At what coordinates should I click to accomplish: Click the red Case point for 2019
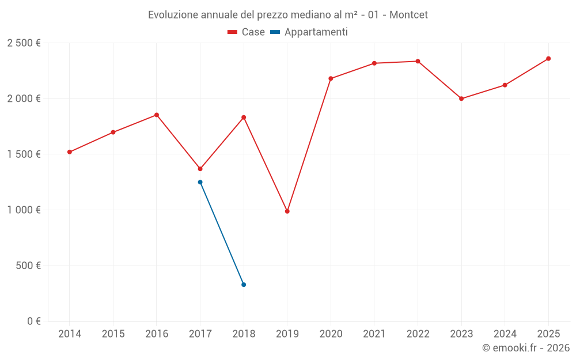click(287, 211)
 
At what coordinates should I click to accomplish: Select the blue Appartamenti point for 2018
click(244, 285)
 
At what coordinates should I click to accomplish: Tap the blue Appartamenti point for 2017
click(200, 182)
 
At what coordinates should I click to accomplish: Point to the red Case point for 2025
click(548, 59)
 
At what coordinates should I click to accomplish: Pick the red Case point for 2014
click(70, 152)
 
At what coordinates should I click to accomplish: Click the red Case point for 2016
click(157, 115)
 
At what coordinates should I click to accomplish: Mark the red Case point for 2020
click(331, 78)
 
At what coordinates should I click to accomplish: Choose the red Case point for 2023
click(461, 98)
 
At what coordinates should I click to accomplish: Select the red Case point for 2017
click(200, 169)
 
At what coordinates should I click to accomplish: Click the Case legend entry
click(247, 32)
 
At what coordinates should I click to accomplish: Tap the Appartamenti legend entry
click(309, 32)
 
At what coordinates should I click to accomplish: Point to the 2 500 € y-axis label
click(24, 43)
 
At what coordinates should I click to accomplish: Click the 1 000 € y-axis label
click(24, 210)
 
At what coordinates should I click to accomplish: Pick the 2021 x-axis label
click(374, 334)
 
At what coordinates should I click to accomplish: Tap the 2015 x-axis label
click(113, 334)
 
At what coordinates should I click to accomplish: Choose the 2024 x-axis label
click(505, 334)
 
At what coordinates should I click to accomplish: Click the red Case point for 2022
click(418, 61)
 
